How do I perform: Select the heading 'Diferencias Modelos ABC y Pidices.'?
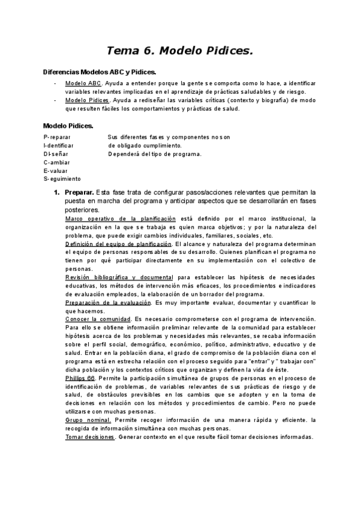click(100, 72)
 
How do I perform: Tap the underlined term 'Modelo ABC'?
click(83, 83)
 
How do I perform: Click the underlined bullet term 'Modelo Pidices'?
click(87, 100)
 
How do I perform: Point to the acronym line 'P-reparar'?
click(58, 137)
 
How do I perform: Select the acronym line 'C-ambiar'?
click(57, 162)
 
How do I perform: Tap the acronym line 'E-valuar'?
click(56, 170)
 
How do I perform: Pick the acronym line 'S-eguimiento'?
click(62, 179)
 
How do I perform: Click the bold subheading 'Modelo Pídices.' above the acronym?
click(68, 125)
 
